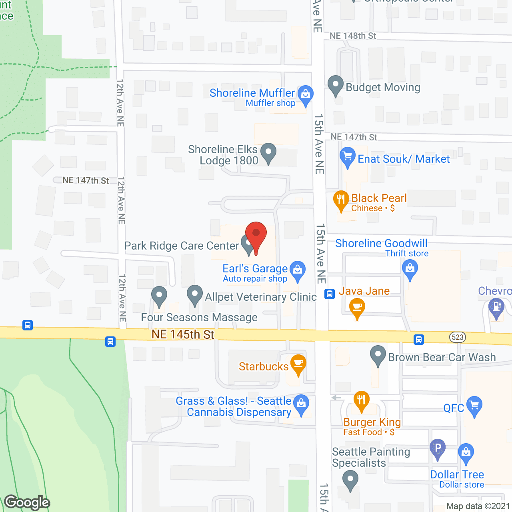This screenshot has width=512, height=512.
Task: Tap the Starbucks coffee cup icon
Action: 298,363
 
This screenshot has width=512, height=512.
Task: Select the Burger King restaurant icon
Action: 362,400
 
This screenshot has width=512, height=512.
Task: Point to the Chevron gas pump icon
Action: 496,307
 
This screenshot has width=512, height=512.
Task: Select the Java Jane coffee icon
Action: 357,308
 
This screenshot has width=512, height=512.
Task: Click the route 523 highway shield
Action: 457,337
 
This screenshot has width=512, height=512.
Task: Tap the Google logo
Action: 27,502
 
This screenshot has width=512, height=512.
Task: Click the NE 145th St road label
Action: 183,334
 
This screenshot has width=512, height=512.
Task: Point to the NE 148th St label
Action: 353,36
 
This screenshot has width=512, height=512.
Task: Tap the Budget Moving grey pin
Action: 336,84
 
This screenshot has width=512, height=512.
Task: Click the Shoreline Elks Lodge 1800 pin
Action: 268,152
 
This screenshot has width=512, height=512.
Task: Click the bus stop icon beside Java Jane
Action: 330,294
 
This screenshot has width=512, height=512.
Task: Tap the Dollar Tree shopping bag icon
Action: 466,452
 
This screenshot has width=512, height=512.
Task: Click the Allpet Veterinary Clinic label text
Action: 261,297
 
